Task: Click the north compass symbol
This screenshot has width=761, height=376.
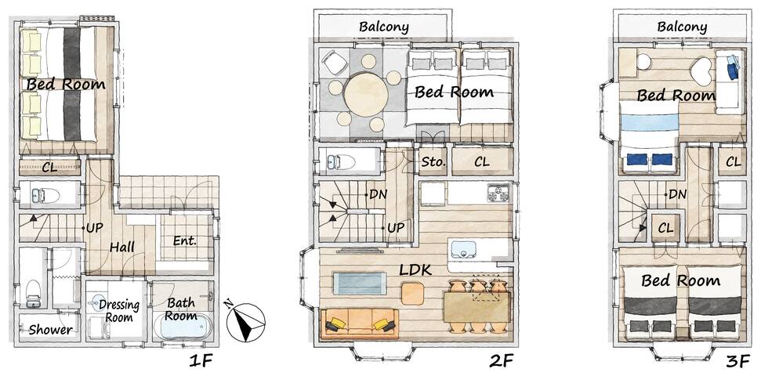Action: point(245,321)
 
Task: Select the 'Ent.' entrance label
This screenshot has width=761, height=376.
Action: point(185,240)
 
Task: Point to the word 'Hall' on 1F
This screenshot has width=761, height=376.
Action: point(122,247)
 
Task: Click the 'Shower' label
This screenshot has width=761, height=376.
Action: point(50,330)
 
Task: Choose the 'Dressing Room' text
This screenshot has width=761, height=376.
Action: point(119,311)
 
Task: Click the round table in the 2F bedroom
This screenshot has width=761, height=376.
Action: point(367,94)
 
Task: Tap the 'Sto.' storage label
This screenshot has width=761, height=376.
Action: point(433,161)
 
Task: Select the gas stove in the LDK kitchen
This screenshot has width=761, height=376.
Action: point(498,193)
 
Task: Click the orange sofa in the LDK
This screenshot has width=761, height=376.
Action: point(359,324)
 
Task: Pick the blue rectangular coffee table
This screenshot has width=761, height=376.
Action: point(360,284)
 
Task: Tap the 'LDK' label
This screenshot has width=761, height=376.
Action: point(415,269)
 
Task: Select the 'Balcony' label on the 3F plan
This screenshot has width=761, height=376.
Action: point(682,27)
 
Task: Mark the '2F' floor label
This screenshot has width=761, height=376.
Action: point(501,360)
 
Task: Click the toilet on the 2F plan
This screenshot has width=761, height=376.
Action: point(341,161)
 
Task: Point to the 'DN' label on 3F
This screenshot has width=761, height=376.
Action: point(677,194)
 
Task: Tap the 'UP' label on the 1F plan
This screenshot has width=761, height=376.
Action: point(95,227)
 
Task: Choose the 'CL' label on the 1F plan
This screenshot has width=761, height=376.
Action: point(49,168)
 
